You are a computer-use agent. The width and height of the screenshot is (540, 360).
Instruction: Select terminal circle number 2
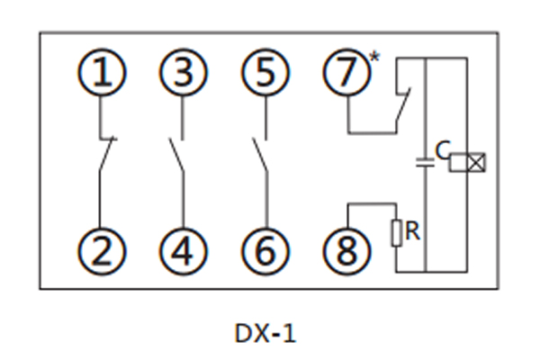coord(104,250)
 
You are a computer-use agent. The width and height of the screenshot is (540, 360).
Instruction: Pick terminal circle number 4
coord(184,250)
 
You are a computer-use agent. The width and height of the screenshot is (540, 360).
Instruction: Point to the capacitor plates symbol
coord(423,164)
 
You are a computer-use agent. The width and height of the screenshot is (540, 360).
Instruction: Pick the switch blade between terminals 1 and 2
coord(103,155)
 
